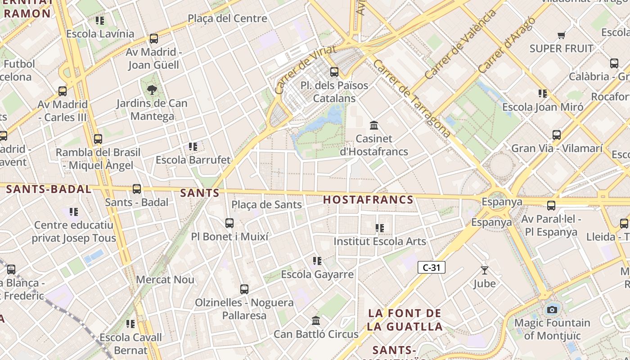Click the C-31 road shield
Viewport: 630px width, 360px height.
tap(431, 267)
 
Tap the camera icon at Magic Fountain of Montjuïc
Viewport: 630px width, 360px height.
tap(552, 310)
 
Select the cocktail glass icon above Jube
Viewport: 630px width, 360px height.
tap(484, 270)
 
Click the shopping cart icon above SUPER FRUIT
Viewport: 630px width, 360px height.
tap(561, 35)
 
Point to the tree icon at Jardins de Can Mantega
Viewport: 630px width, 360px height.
tap(152, 90)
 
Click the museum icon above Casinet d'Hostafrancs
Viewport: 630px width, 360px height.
tap(374, 126)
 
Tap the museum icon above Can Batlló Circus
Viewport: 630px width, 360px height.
tap(316, 321)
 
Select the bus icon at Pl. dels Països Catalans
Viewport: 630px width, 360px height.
tap(334, 72)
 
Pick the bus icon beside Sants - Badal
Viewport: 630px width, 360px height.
tap(137, 189)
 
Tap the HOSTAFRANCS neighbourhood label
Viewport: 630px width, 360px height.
tap(368, 200)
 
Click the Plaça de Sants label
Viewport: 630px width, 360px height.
tap(266, 205)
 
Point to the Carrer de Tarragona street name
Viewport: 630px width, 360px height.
tap(411, 99)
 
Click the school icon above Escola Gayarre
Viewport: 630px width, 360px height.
tap(317, 261)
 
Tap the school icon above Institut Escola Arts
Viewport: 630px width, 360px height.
tap(380, 228)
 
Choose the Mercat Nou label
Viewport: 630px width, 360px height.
tap(165, 279)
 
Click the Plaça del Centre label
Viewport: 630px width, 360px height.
tap(227, 18)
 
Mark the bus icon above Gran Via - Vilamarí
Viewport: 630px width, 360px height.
tap(556, 135)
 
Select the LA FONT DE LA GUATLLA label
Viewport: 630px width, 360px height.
tap(405, 320)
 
